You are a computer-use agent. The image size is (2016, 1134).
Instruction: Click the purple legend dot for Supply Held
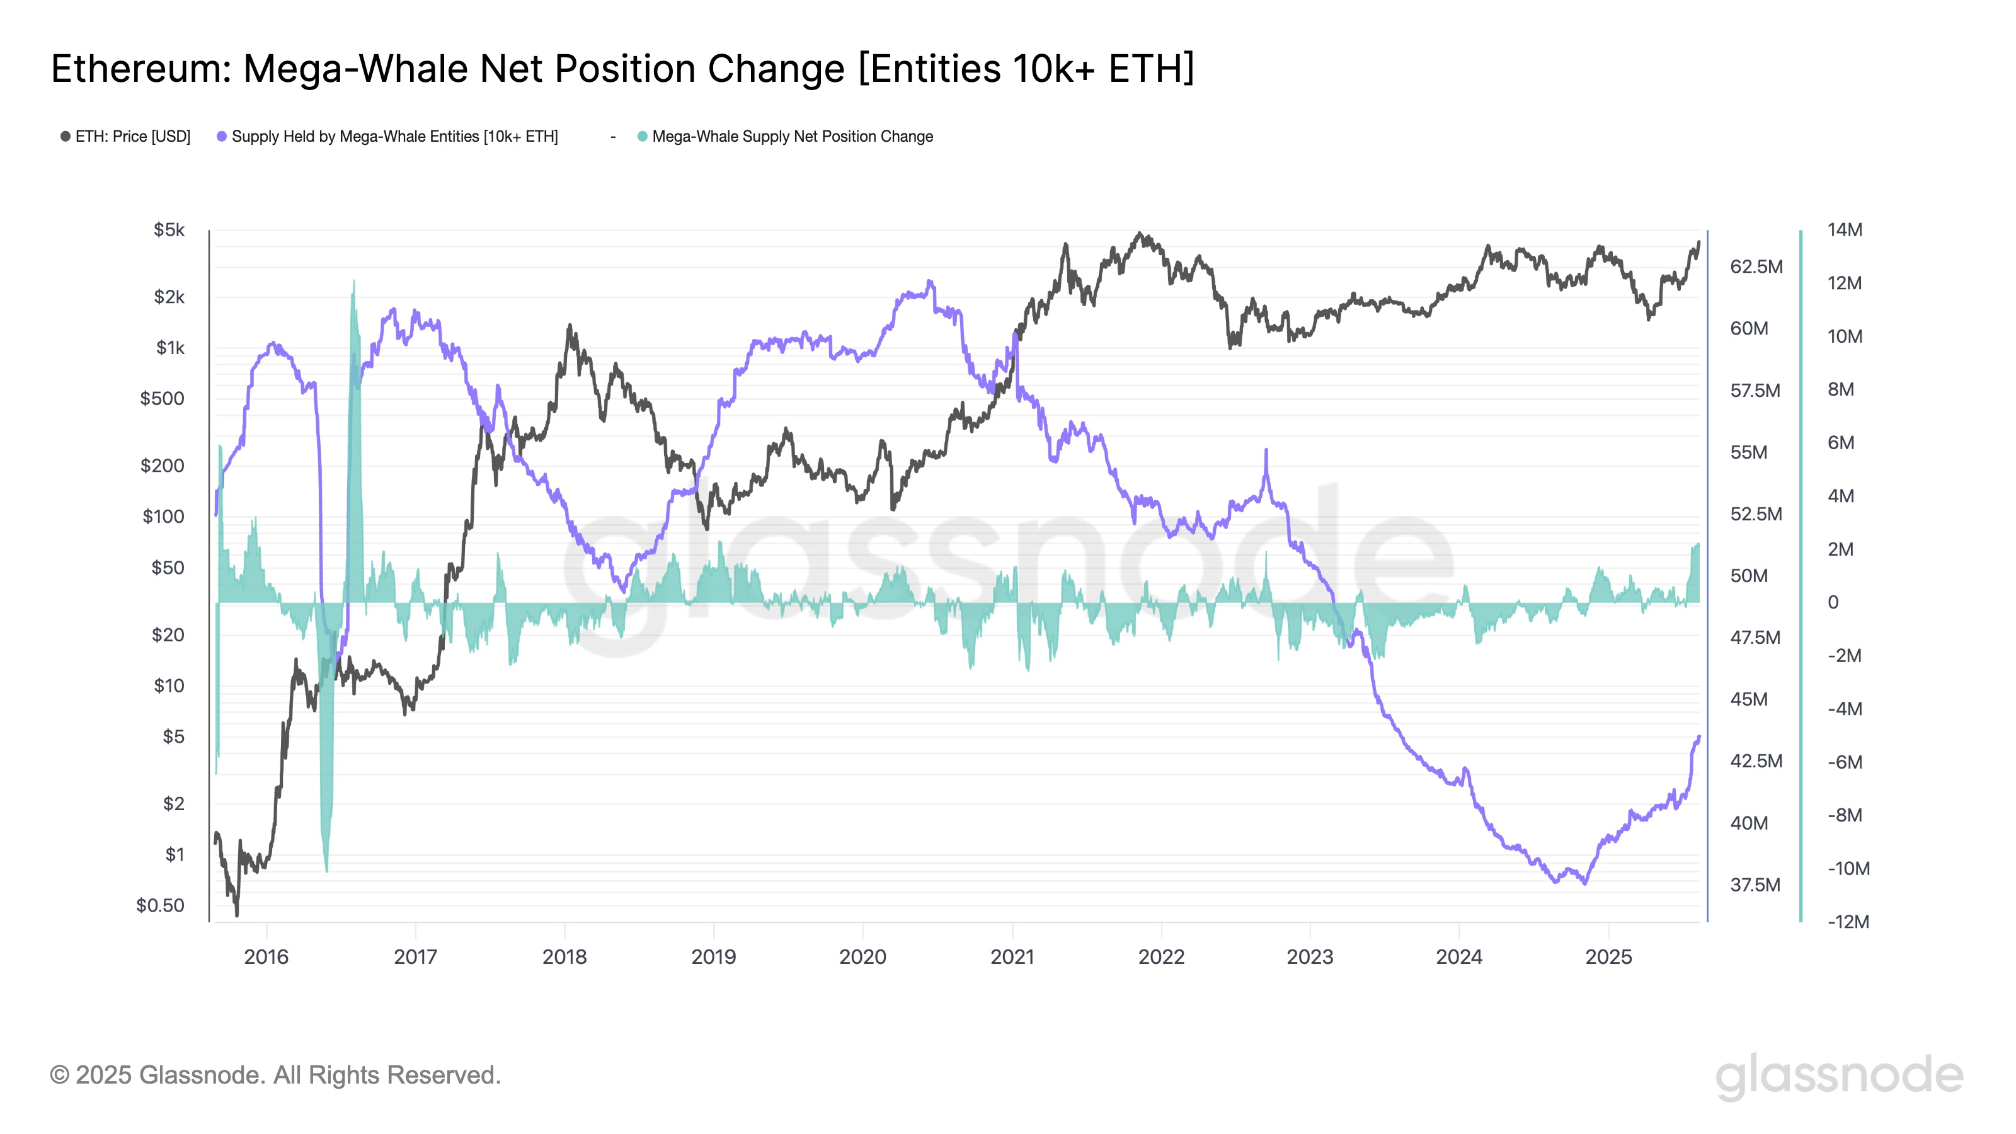[222, 137]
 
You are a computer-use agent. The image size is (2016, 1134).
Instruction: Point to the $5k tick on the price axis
[169, 230]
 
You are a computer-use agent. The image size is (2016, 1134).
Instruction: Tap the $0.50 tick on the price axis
[161, 905]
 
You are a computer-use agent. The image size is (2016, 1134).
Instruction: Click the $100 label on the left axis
[164, 517]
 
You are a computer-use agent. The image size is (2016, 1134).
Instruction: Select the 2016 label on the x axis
[266, 957]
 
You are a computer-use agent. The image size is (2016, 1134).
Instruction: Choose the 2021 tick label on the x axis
[1012, 957]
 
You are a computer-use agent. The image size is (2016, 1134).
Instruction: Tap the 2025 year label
[1608, 957]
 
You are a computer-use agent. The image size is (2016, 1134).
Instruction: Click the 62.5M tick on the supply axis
[1755, 267]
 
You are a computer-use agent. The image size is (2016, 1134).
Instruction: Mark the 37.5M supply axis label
[1755, 885]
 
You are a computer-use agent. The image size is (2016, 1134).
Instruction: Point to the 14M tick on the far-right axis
[1845, 230]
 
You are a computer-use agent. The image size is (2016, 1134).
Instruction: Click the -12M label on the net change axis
[1848, 922]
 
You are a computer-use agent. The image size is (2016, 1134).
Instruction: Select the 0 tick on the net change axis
[1833, 603]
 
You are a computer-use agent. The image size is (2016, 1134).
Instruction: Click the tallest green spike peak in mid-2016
[353, 281]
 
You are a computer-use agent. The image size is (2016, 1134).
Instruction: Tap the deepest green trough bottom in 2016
[326, 870]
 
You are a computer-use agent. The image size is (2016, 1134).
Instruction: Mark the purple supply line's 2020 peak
[929, 281]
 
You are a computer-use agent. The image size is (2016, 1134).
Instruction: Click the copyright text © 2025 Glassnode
[275, 1075]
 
